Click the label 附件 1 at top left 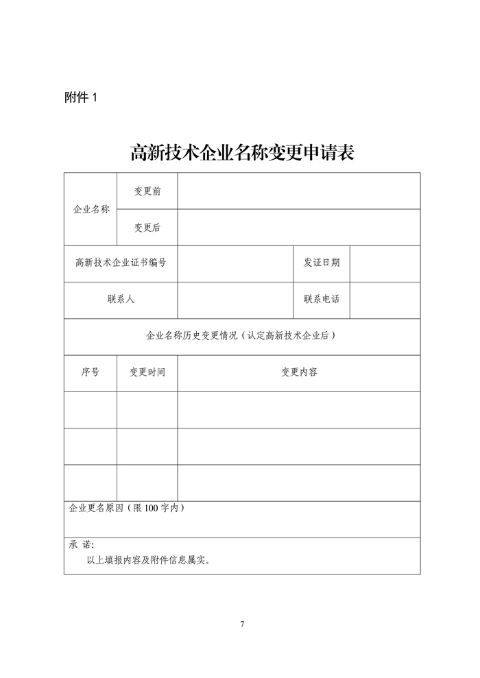click(x=81, y=98)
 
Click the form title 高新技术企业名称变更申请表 click(x=242, y=152)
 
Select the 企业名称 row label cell click(x=91, y=209)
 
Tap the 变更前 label click(x=147, y=191)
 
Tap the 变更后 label click(x=147, y=228)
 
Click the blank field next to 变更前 click(x=298, y=191)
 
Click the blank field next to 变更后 click(x=298, y=228)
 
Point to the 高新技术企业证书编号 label click(x=121, y=263)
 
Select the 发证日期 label click(x=321, y=263)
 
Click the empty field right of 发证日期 click(x=385, y=263)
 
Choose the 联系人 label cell click(x=121, y=300)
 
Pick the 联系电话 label click(x=321, y=300)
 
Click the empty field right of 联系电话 click(x=385, y=300)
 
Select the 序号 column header click(x=91, y=372)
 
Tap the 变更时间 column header click(x=147, y=372)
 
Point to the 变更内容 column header click(x=298, y=372)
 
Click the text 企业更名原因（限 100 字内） click(x=126, y=509)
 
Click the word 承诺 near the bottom click(x=80, y=546)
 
